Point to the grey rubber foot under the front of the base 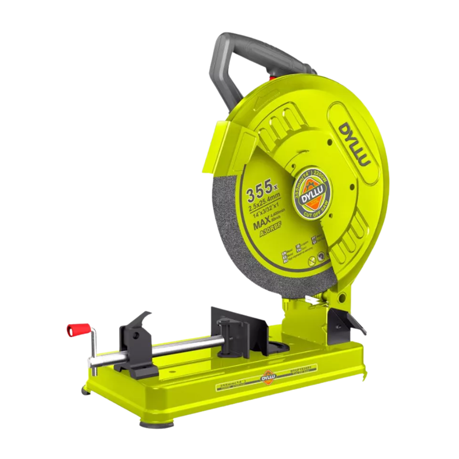click(157, 423)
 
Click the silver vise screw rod click(184, 347)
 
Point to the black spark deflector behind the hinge click(349, 321)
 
